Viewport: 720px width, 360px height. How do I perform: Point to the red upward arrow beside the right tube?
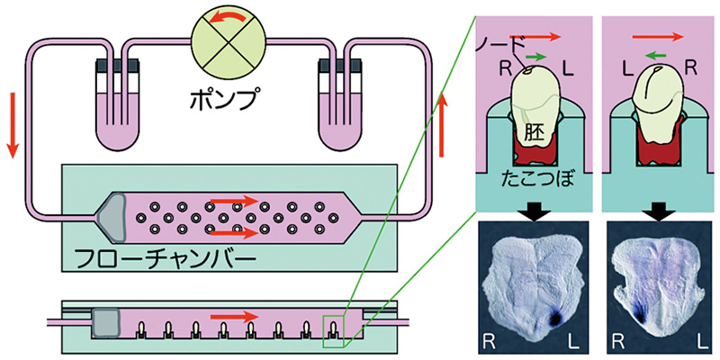(442, 127)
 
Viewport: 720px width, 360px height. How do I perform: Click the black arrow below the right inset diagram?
(660, 209)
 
